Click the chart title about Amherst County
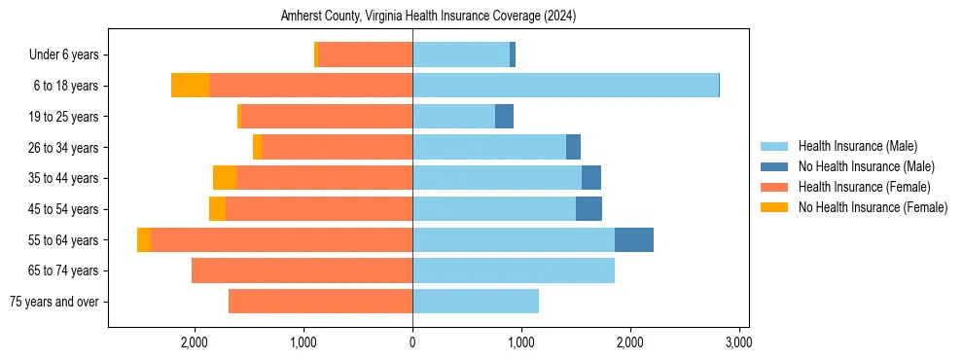[428, 17]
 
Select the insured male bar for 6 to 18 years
[565, 86]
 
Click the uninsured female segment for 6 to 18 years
[190, 86]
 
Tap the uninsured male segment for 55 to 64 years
[633, 239]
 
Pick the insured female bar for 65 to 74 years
[302, 270]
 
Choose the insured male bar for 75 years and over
[476, 302]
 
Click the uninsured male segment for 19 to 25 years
[504, 117]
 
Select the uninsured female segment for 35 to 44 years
[225, 178]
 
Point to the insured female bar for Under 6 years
[365, 54]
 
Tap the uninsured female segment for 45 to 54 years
[217, 209]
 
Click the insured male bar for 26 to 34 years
[489, 147]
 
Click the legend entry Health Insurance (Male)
[857, 146]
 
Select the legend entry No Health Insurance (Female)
[873, 207]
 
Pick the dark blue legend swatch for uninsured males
[774, 166]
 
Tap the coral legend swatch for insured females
[774, 187]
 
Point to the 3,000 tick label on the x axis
[738, 342]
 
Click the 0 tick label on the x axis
[412, 342]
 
